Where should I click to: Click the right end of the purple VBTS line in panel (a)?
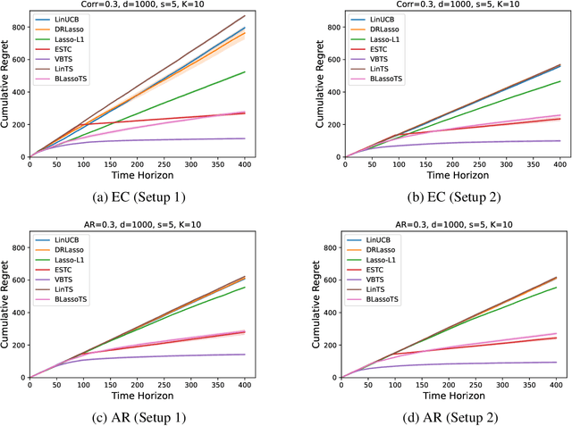click(x=245, y=138)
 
